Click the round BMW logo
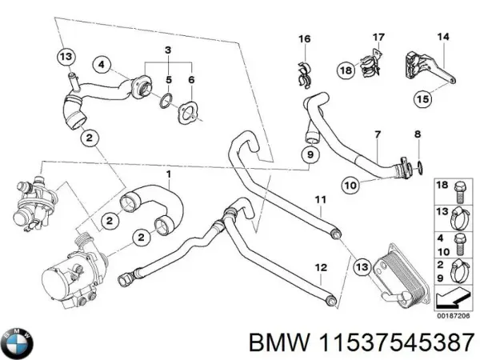pos(16,342)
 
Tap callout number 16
pos(304,39)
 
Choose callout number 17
pos(378,36)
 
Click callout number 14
pos(442,36)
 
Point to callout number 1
pos(168,174)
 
